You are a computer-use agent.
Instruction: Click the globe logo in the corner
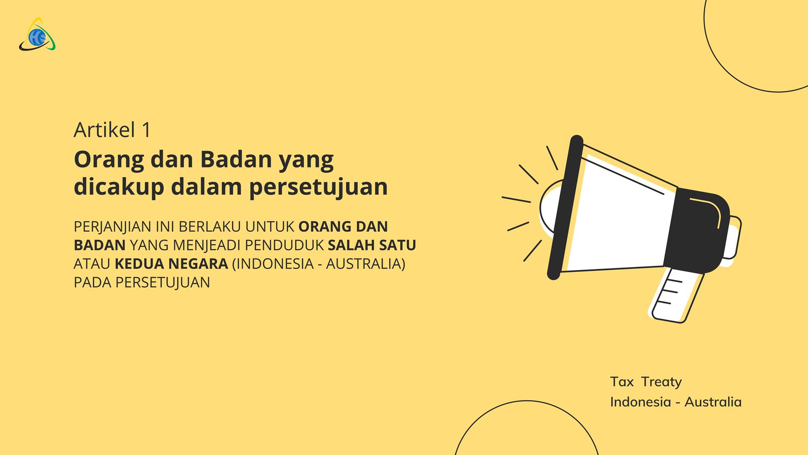click(x=37, y=35)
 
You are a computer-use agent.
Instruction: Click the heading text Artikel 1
click(x=112, y=130)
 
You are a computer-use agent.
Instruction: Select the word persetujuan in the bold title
click(x=319, y=187)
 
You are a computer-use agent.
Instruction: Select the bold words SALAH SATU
click(x=372, y=245)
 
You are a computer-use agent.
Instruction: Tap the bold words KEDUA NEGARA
click(x=172, y=264)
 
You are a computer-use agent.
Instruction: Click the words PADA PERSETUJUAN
click(x=142, y=282)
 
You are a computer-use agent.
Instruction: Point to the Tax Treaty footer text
click(x=646, y=382)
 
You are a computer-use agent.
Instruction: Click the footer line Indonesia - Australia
click(x=676, y=401)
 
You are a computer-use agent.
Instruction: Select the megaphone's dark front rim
click(x=565, y=207)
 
